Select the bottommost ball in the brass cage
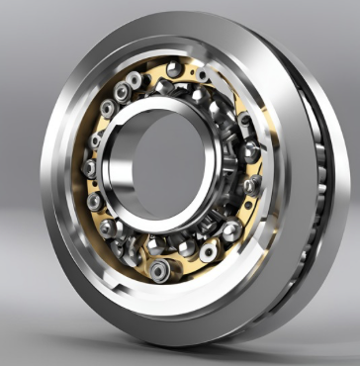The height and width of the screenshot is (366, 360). click(x=158, y=270)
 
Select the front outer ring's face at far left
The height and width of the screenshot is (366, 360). click(x=54, y=178)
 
